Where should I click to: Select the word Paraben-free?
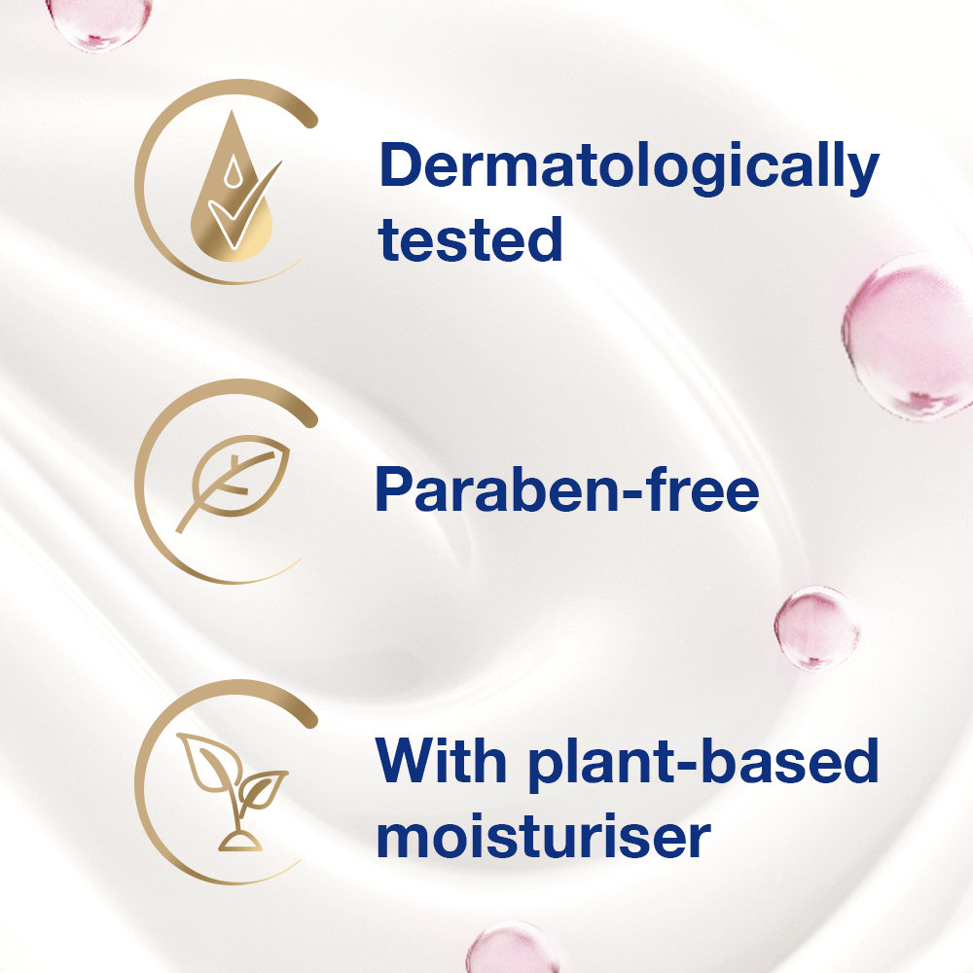tap(566, 490)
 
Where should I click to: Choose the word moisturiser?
tap(543, 837)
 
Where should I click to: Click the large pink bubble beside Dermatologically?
tap(909, 336)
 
